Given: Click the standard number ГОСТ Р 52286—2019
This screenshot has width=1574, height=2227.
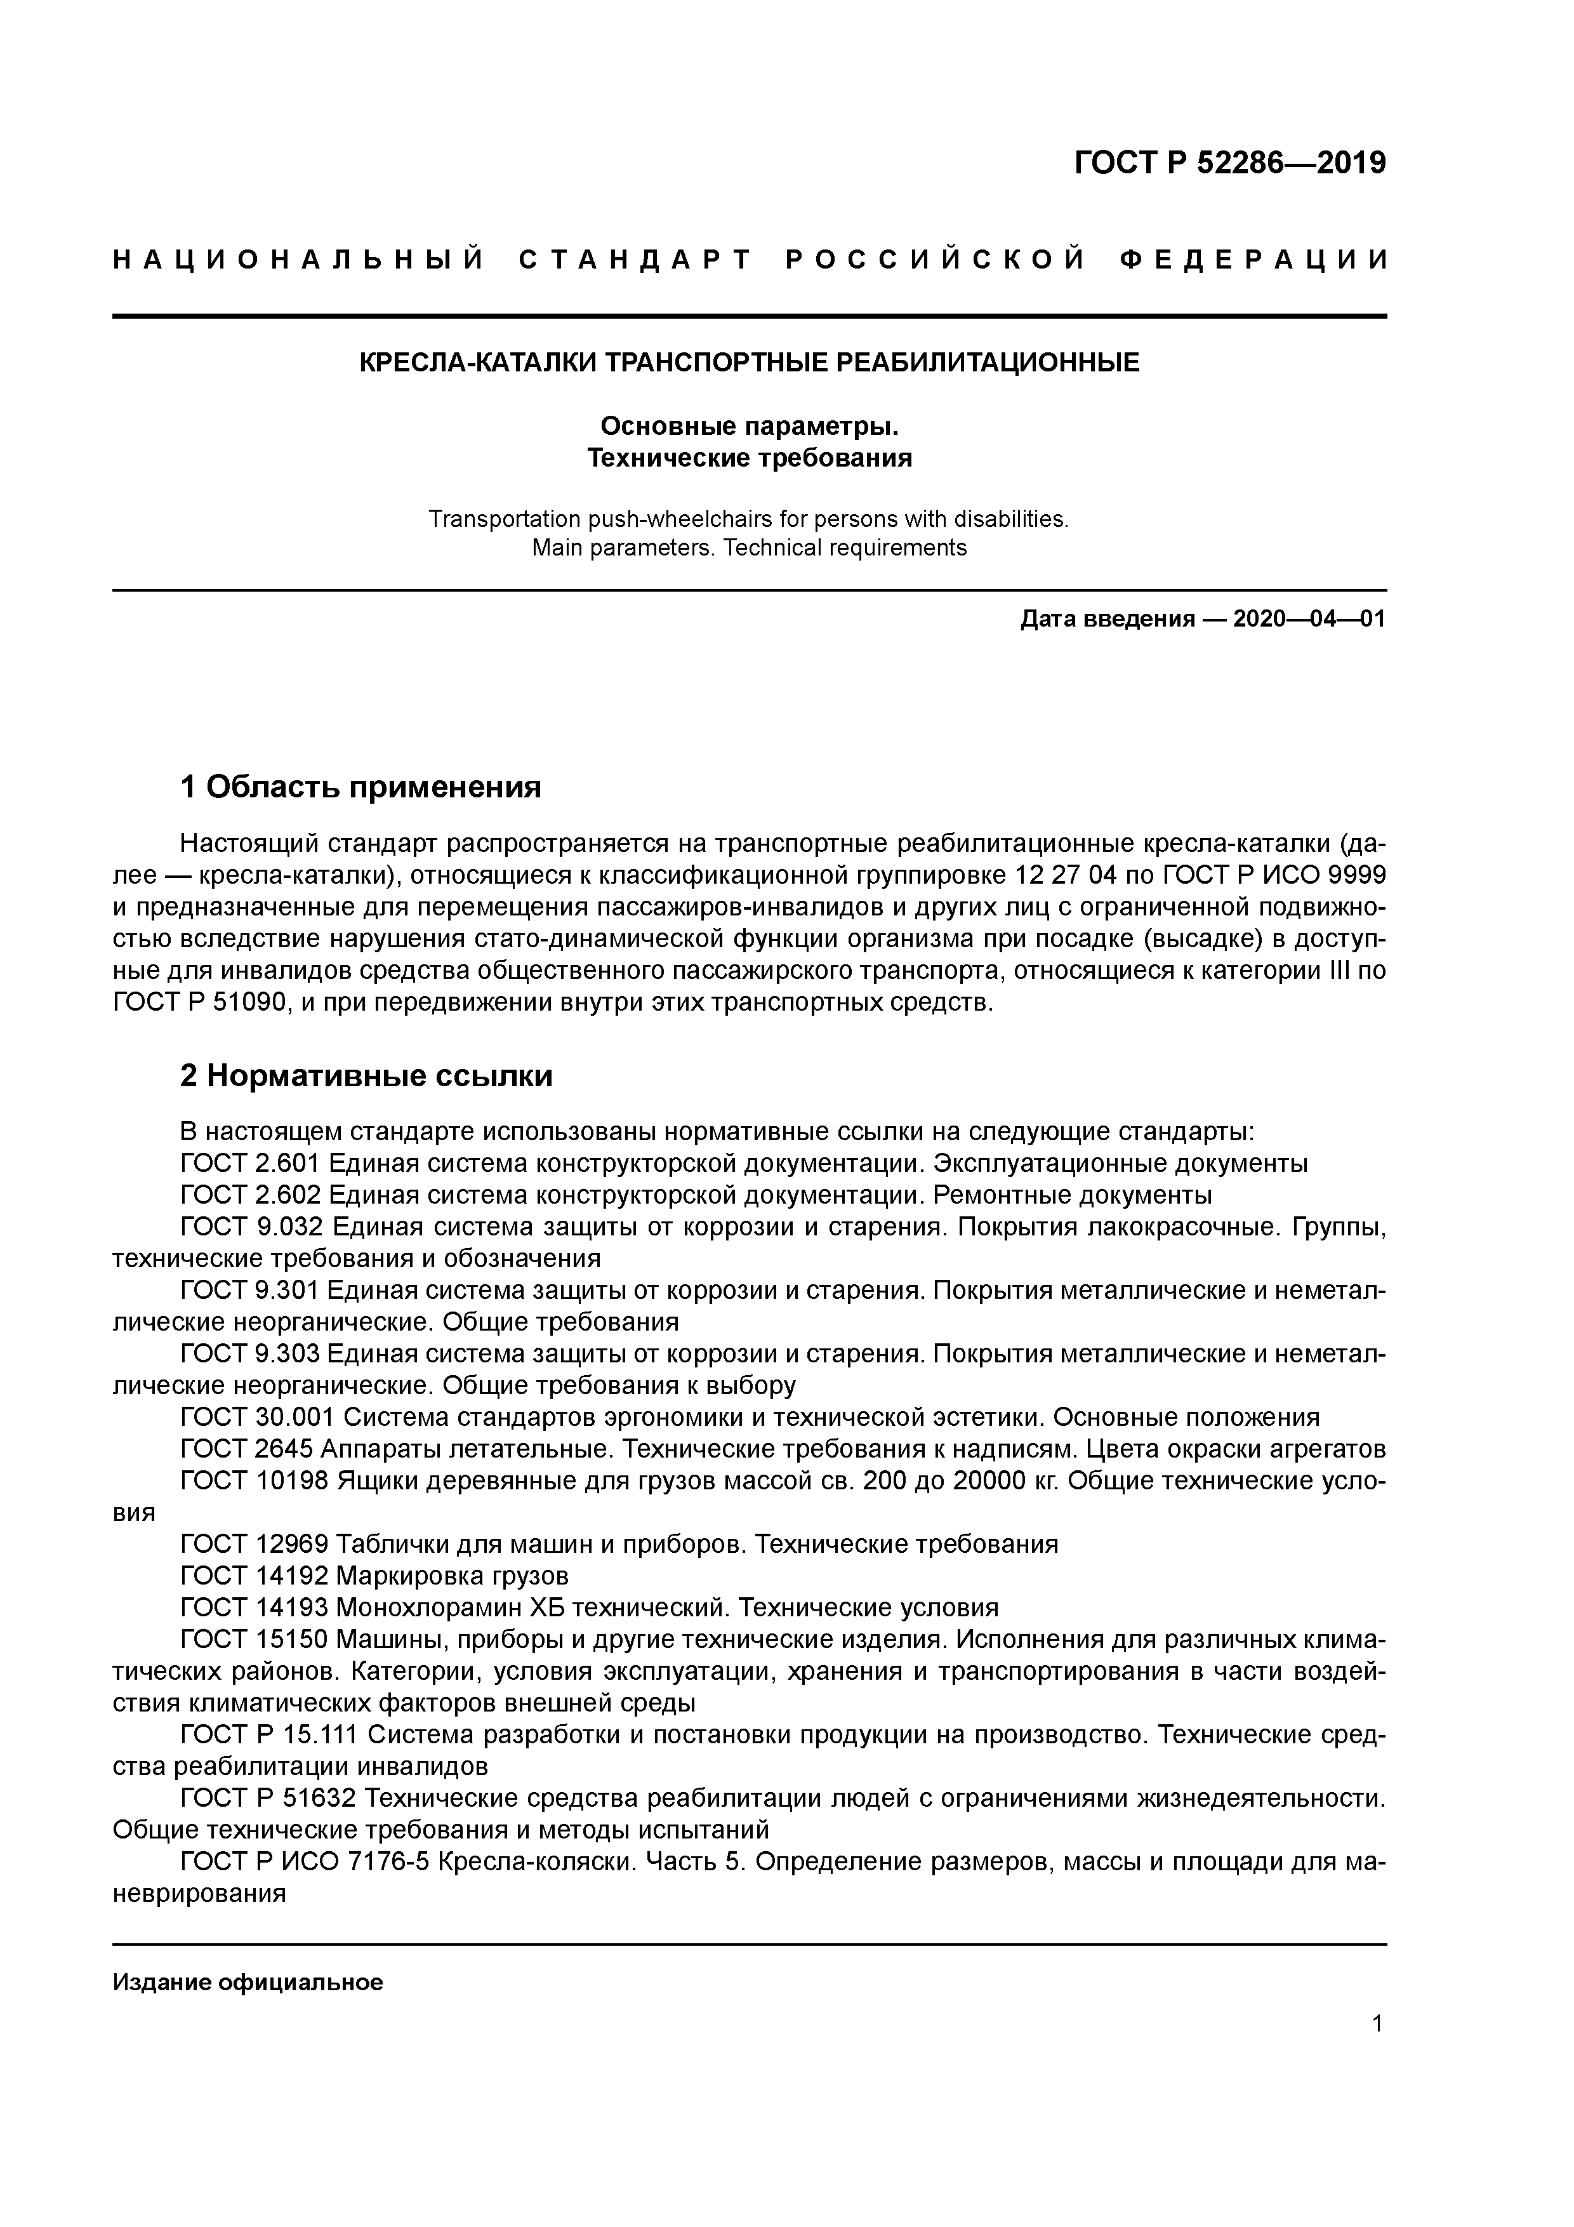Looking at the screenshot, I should (1230, 163).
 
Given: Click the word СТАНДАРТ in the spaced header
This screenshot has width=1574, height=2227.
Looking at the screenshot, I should (635, 260).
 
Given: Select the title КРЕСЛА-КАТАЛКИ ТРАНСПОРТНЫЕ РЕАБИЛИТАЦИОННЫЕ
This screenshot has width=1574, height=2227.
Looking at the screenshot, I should (749, 362).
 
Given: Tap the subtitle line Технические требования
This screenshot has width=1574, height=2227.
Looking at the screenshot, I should (749, 458).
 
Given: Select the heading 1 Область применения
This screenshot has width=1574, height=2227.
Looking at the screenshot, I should (360, 787).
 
